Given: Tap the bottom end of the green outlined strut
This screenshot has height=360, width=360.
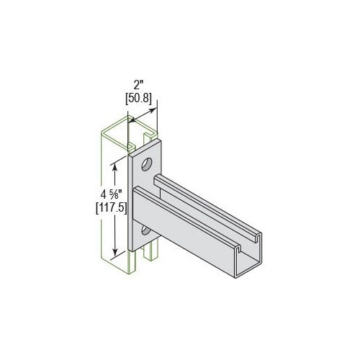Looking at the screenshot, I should tap(115, 269).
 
